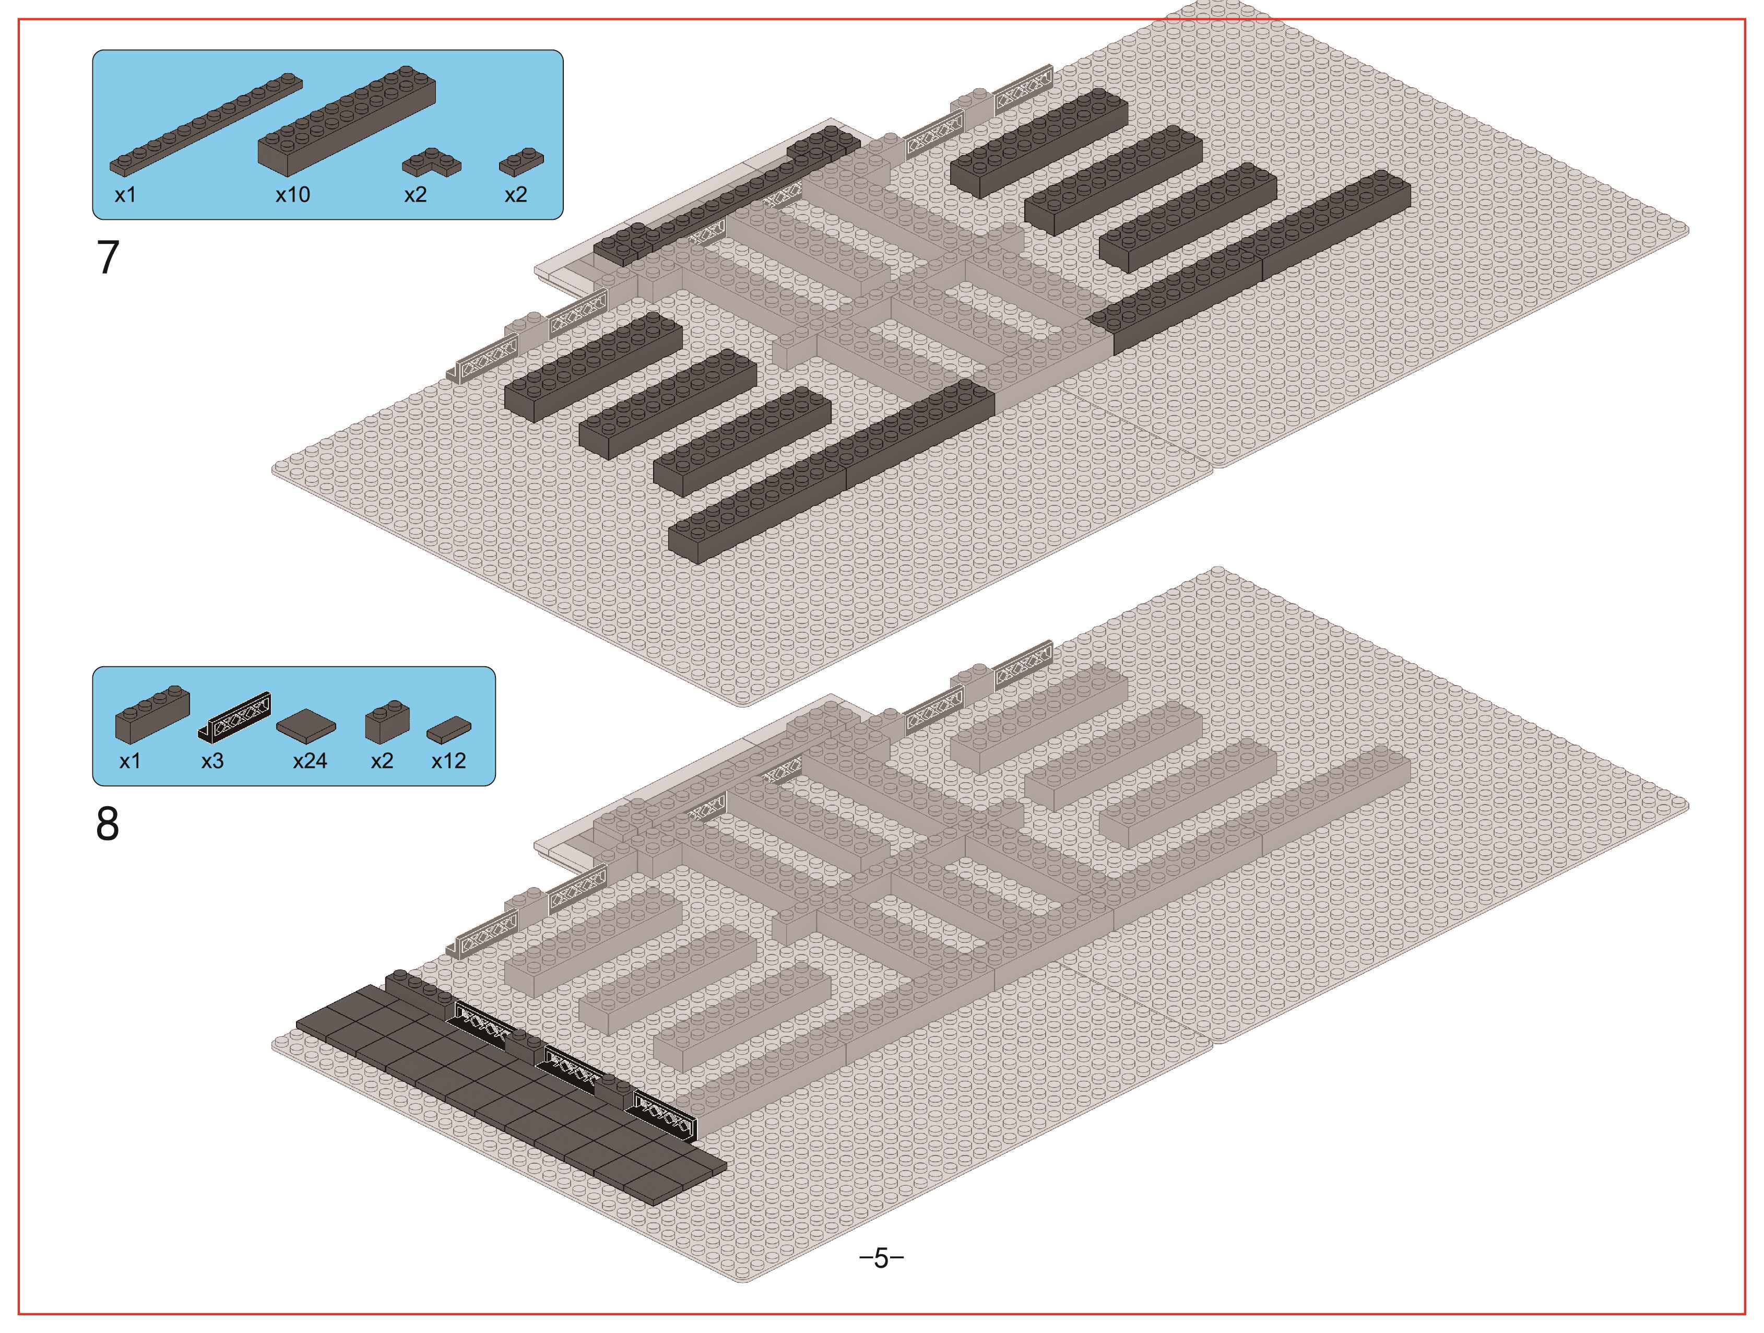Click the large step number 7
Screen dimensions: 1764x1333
coord(108,257)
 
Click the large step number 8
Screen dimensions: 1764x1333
coord(108,823)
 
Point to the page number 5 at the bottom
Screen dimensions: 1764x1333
coord(881,1258)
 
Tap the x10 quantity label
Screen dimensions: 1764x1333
coord(293,195)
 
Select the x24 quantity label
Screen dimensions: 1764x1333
coord(310,761)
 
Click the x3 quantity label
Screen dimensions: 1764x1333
coord(212,761)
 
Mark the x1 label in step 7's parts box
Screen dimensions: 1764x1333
coord(125,195)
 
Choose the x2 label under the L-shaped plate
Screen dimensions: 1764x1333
coord(416,195)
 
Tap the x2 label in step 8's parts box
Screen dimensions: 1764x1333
coord(382,761)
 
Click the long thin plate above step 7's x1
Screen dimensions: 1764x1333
coord(206,125)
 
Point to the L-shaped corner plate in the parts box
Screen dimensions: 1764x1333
coord(431,163)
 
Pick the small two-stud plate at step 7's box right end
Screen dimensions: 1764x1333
coord(522,161)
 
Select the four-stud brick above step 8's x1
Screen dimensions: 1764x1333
coord(152,714)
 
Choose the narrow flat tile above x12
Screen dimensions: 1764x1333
coord(449,730)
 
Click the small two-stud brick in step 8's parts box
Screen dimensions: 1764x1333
coord(387,722)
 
